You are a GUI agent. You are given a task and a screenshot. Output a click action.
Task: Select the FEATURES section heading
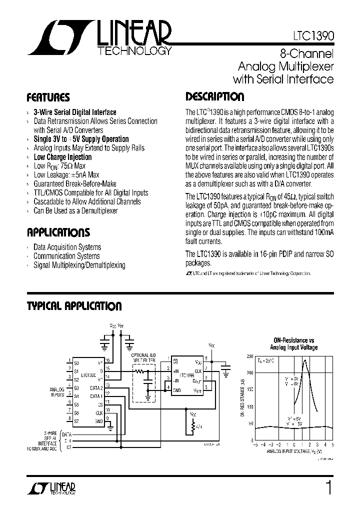[x=48, y=97]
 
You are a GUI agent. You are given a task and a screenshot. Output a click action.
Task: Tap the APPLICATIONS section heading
[x=58, y=232]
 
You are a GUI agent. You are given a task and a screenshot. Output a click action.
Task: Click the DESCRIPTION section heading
[x=215, y=97]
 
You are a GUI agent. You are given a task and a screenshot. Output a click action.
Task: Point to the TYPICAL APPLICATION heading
[x=74, y=306]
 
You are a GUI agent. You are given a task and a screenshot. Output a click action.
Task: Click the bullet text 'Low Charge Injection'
[x=62, y=157]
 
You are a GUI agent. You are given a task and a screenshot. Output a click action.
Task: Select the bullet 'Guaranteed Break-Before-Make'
[x=75, y=184]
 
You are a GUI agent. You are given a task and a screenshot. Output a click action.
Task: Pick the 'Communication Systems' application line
[x=66, y=256]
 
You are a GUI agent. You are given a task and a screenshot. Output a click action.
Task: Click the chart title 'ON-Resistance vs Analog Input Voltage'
[x=293, y=344]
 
